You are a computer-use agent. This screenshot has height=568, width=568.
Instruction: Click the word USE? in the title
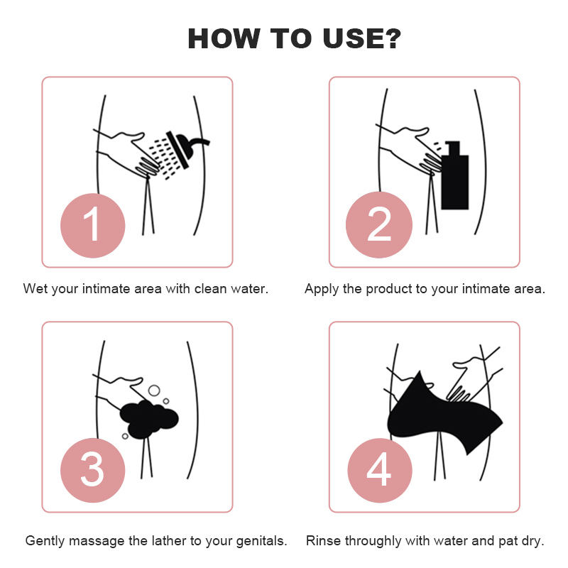pyautogui.click(x=361, y=38)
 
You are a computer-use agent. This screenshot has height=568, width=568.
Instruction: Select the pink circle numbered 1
pyautogui.click(x=93, y=225)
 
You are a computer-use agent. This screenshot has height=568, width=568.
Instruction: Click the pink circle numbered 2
pyautogui.click(x=379, y=224)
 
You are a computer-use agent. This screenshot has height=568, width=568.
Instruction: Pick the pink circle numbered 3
pyautogui.click(x=93, y=470)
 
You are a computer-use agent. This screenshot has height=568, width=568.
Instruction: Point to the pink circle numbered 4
pyautogui.click(x=380, y=470)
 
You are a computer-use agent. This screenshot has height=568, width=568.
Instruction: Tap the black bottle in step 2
pyautogui.click(x=455, y=175)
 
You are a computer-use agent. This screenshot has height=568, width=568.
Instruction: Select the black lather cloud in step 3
pyautogui.click(x=149, y=419)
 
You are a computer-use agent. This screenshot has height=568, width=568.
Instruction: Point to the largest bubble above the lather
pyautogui.click(x=154, y=390)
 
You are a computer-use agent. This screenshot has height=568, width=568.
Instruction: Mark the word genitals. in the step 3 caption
pyautogui.click(x=261, y=542)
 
